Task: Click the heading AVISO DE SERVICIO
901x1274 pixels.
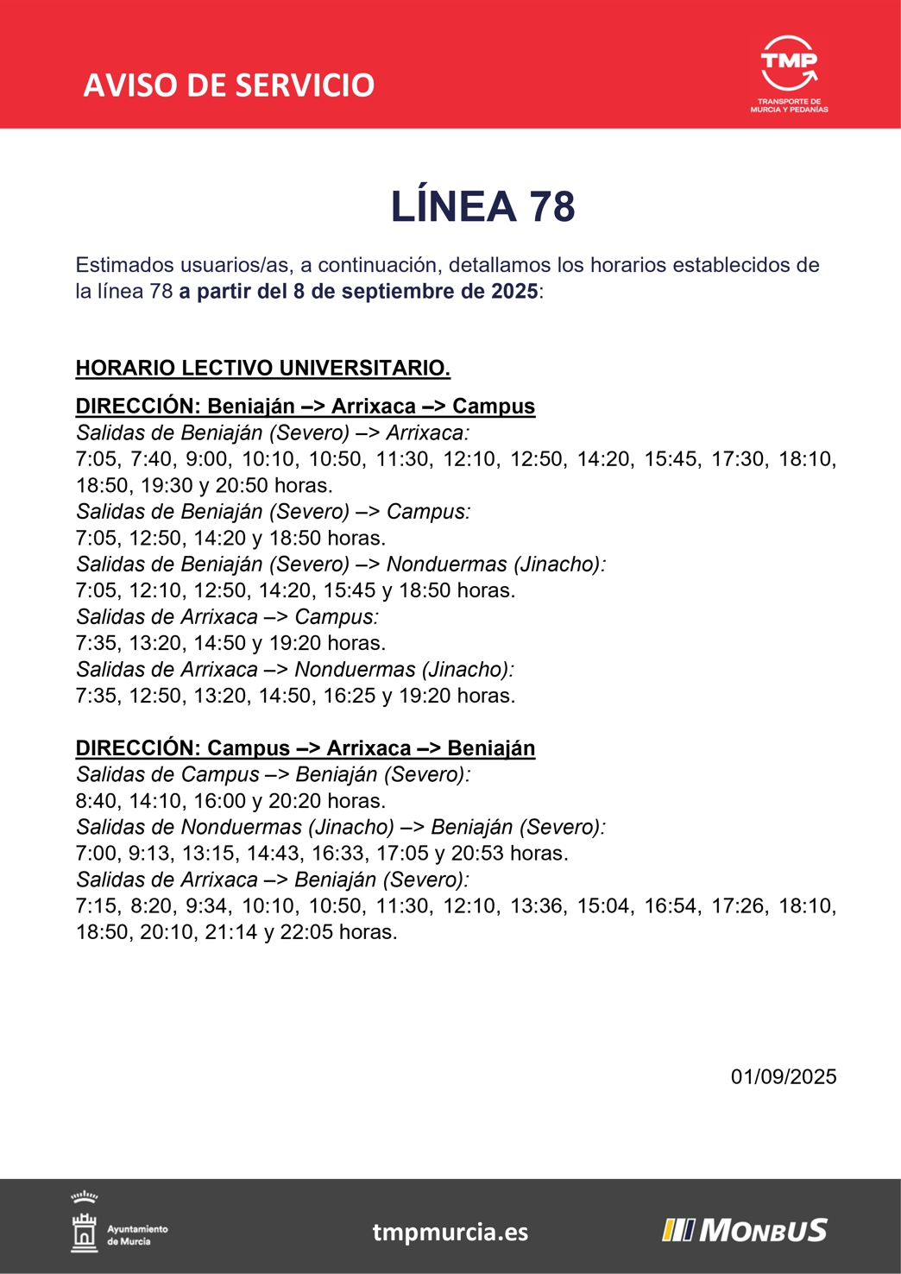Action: coord(229,85)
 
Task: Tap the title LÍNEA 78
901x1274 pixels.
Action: coord(482,206)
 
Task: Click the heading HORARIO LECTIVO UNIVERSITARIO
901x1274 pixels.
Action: coord(262,369)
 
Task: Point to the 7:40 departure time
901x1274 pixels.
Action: coord(152,459)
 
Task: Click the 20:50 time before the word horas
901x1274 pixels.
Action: coord(242,486)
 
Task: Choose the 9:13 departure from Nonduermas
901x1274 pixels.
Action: coord(152,854)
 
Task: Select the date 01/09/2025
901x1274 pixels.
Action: coord(783,1077)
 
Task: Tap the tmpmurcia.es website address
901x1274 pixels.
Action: coord(450,1232)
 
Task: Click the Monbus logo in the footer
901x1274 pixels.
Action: coord(745,1230)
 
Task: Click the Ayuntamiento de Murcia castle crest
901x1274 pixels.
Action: coord(85,1227)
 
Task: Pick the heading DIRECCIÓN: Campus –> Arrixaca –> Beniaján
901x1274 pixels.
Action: coord(306,748)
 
